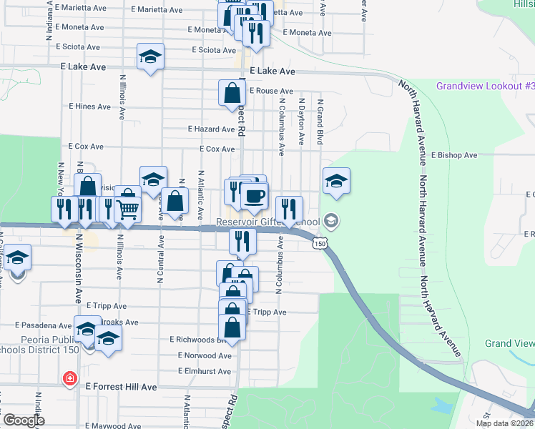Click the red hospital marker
(69, 378)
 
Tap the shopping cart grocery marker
(127, 209)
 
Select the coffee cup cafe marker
(255, 195)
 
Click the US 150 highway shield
(320, 244)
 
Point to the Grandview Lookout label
(485, 87)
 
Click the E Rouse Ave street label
(271, 92)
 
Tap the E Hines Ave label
(89, 107)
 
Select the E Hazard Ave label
(211, 129)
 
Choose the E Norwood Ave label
(205, 355)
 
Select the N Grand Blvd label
(321, 122)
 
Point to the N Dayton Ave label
(302, 122)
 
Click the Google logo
(24, 420)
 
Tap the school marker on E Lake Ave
(151, 57)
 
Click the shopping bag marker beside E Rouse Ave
(232, 94)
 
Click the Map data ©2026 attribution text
(503, 423)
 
